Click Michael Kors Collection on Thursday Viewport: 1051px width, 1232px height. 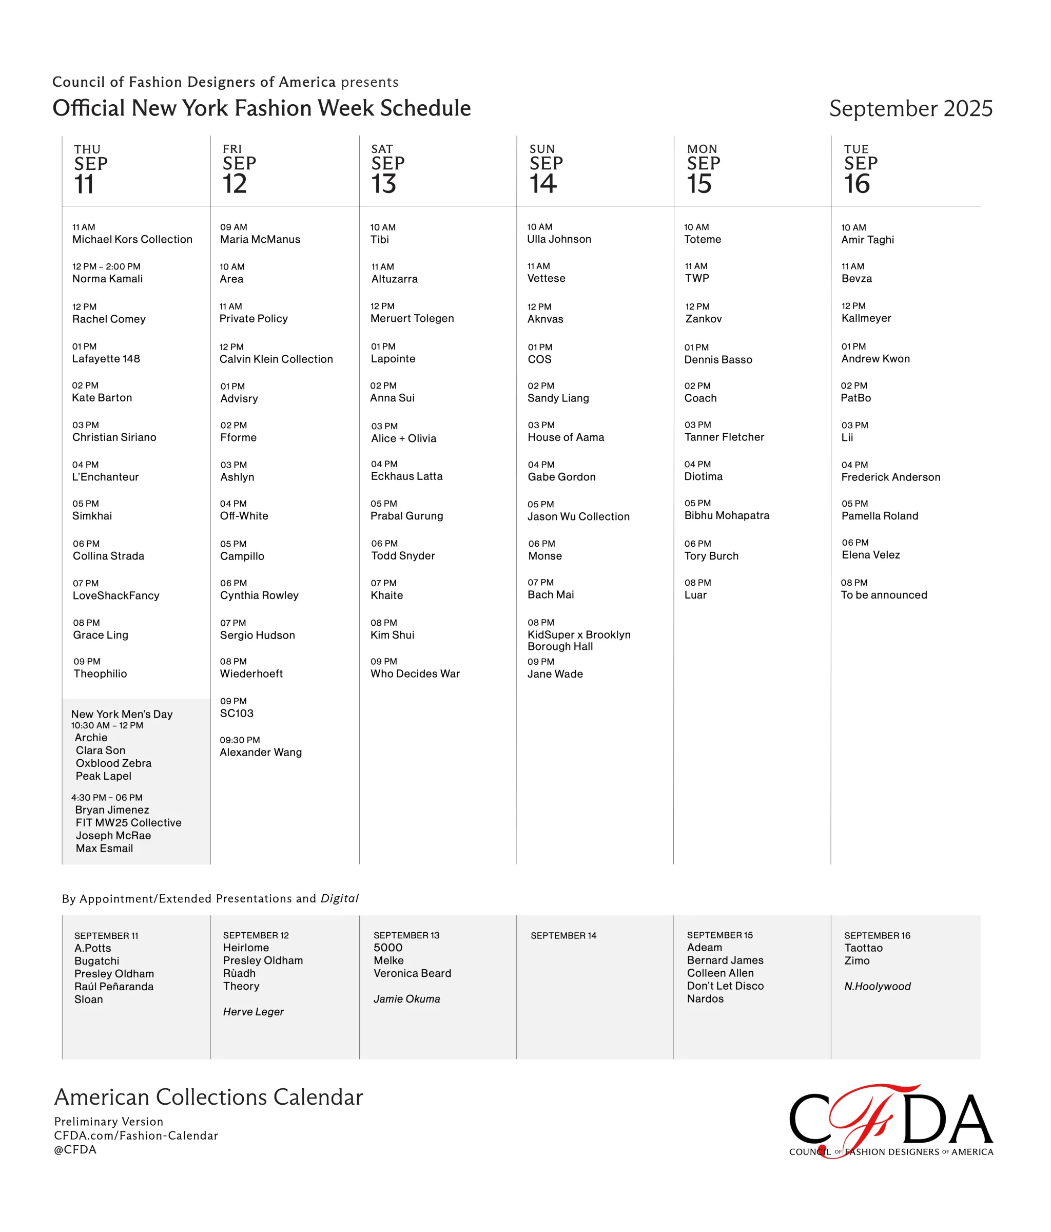(x=132, y=239)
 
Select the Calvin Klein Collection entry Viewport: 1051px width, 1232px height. (x=276, y=359)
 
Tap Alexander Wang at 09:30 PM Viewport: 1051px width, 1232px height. (x=260, y=752)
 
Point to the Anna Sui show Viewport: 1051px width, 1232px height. (x=393, y=398)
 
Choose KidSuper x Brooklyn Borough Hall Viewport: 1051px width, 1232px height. (x=578, y=640)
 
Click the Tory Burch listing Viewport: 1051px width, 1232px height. (x=711, y=556)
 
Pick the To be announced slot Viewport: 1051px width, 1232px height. (x=883, y=594)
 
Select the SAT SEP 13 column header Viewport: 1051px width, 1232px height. (x=387, y=170)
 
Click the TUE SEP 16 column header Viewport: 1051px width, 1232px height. (x=860, y=170)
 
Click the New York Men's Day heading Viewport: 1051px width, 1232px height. (x=122, y=714)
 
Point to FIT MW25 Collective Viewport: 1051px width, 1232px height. (x=128, y=822)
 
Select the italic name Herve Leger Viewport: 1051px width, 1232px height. (x=253, y=1011)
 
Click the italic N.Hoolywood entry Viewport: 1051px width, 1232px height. (x=877, y=987)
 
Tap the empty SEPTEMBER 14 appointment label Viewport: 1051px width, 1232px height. (x=563, y=935)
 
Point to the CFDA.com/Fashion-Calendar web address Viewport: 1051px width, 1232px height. (x=136, y=1135)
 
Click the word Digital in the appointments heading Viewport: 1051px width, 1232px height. (x=339, y=898)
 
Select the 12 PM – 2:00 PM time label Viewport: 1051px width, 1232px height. (x=106, y=266)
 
